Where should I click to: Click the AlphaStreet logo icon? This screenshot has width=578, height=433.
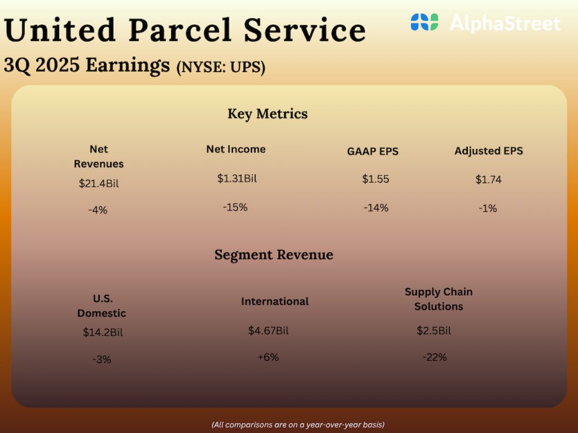[424, 23]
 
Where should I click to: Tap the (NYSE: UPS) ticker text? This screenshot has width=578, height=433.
[221, 67]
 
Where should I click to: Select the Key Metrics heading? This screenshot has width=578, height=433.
[268, 114]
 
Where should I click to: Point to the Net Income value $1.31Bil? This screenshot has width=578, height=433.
[237, 178]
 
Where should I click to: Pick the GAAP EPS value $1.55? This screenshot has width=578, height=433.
[375, 179]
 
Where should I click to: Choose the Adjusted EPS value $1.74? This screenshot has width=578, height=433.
[488, 180]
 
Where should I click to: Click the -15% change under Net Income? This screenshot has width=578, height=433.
[235, 207]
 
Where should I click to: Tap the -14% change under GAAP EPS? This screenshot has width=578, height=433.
[376, 207]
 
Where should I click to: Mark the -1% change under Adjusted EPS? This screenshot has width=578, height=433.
[487, 208]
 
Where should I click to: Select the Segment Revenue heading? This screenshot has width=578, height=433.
[274, 255]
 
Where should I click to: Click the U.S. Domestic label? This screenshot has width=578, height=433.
[102, 306]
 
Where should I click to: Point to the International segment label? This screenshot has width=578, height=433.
[275, 302]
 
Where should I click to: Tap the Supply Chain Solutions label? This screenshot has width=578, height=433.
[439, 299]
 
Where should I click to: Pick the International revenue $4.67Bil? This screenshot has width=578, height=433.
[268, 331]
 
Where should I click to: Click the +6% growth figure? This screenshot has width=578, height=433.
[268, 357]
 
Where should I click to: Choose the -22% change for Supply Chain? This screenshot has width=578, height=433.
[435, 357]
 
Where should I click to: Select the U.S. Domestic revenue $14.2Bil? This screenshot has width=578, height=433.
[103, 332]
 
